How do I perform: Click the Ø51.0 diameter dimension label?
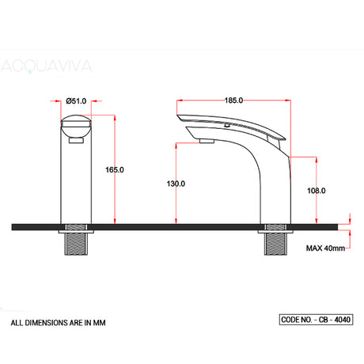tap(76, 101)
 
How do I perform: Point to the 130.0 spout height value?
tap(175, 184)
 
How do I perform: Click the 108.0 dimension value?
tap(317, 190)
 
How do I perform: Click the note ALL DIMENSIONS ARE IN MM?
tap(58, 324)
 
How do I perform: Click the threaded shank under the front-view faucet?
tap(77, 245)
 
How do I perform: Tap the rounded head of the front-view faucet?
tap(77, 127)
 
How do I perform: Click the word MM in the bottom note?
tap(100, 324)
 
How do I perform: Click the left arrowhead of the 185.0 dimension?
tap(177, 101)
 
